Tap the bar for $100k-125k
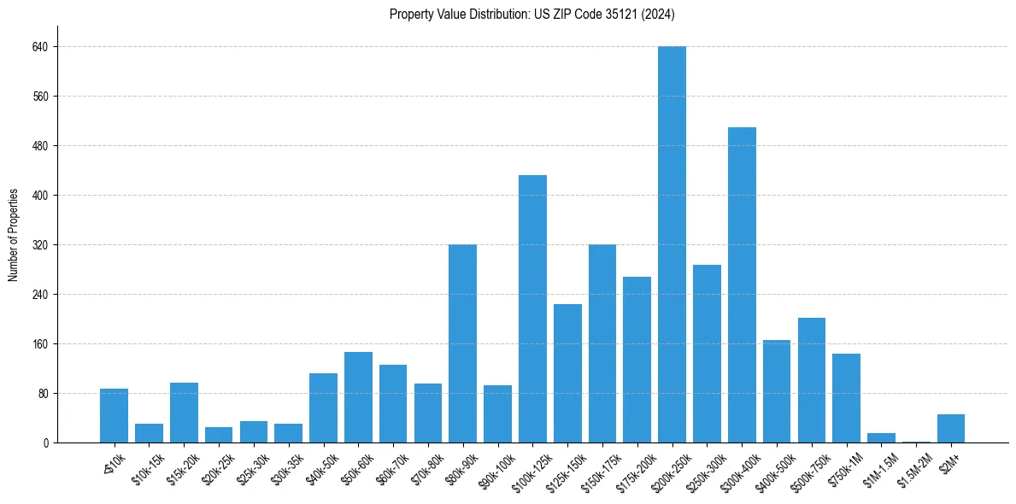(x=532, y=308)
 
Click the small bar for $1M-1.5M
(x=881, y=438)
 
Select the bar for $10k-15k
(x=149, y=434)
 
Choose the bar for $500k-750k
(x=812, y=380)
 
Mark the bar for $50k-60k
(x=358, y=397)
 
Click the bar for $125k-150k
(x=567, y=373)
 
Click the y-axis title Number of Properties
(x=14, y=235)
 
